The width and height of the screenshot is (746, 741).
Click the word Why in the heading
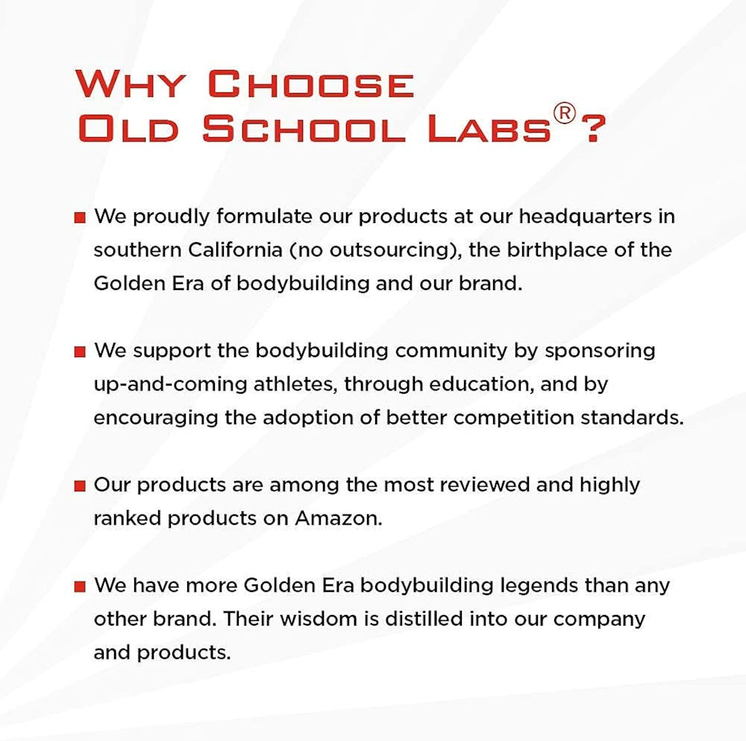tap(130, 84)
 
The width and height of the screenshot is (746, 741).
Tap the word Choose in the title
tap(311, 84)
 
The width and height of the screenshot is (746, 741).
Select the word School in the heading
tap(304, 128)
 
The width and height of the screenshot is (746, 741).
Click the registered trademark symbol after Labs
tap(564, 114)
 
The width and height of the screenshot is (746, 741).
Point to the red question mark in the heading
tap(593, 128)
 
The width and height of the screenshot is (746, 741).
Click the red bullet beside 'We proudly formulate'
tap(80, 218)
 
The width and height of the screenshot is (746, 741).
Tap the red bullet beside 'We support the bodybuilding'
tap(80, 352)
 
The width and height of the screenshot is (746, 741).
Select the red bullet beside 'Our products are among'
tap(80, 486)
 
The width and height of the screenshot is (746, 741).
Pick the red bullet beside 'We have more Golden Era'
tap(80, 587)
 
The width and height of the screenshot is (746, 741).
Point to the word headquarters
tap(585, 218)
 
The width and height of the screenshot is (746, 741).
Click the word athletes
tap(295, 385)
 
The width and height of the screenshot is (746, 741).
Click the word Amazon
tap(338, 518)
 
